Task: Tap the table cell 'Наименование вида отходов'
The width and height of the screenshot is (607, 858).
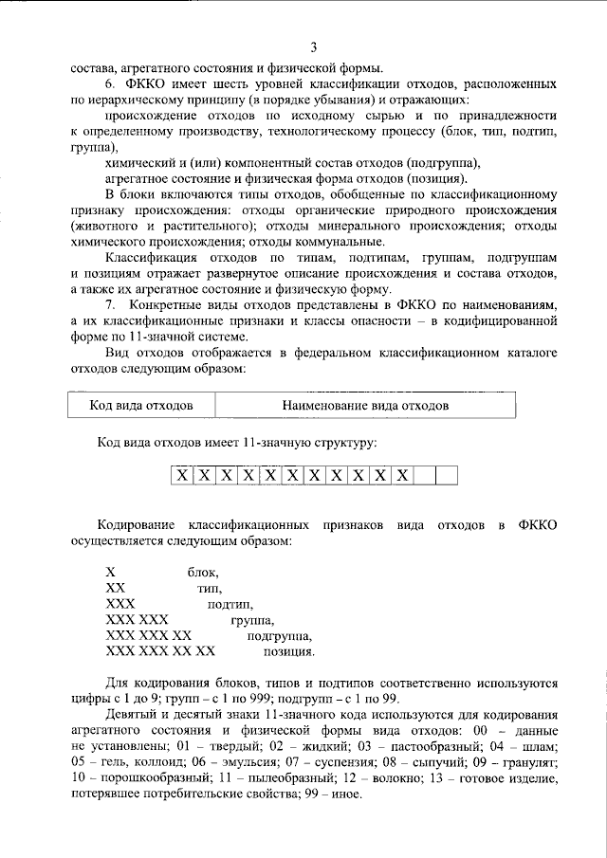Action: (365, 405)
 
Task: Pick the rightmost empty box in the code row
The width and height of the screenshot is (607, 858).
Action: (448, 474)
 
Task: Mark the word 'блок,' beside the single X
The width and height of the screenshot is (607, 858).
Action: (204, 573)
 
